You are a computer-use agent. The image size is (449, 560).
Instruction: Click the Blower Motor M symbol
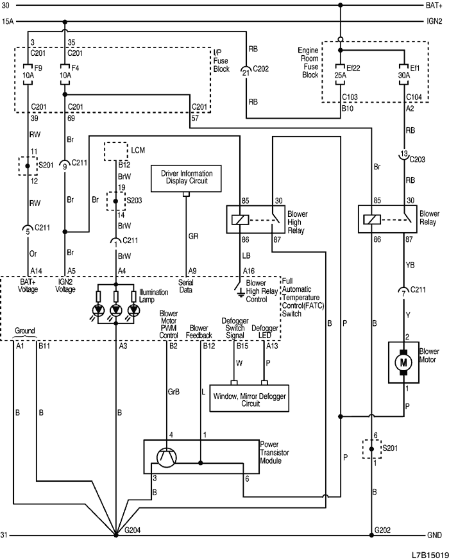pos(404,362)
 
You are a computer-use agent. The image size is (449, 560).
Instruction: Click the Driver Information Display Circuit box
pos(186,178)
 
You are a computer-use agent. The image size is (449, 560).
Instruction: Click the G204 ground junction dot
pos(115,534)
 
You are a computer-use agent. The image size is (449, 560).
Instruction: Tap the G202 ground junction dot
pos(371,534)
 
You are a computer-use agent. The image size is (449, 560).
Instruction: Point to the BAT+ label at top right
pos(434,6)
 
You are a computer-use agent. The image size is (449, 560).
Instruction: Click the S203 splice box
pos(115,199)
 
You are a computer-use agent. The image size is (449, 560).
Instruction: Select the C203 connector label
pos(418,158)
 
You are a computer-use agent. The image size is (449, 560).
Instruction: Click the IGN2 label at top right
pos(434,21)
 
